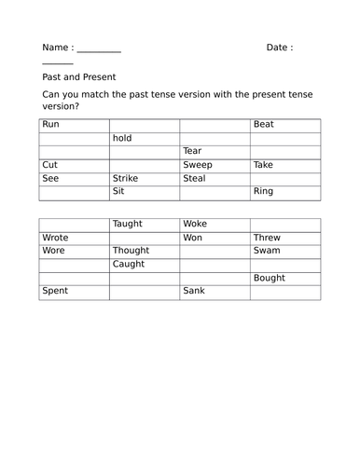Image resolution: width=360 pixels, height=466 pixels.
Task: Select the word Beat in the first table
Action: pos(264,124)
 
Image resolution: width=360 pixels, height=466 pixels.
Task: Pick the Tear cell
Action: pos(192,151)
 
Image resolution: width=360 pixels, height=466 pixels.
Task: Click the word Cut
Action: pos(50,165)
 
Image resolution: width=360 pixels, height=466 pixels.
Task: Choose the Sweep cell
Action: pos(198,165)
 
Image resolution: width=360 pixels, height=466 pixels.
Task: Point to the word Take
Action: pos(264,165)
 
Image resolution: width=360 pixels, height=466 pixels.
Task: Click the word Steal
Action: pos(194,178)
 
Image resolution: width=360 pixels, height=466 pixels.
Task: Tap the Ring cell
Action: pos(264,192)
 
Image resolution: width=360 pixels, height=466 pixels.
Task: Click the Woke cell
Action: pos(195,225)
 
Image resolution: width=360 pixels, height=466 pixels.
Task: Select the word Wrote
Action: pos(56,238)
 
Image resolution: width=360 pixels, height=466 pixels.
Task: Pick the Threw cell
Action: pos(267,238)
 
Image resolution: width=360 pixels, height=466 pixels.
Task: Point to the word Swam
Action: pos(267,251)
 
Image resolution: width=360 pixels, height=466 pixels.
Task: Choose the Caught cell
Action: pos(129,265)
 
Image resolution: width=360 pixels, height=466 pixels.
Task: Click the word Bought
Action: pos(270,278)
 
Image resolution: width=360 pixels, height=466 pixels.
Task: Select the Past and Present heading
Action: pos(79,77)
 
